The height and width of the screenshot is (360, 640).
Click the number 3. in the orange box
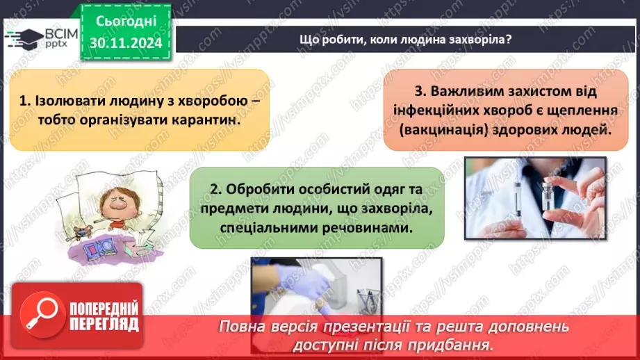(420, 91)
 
